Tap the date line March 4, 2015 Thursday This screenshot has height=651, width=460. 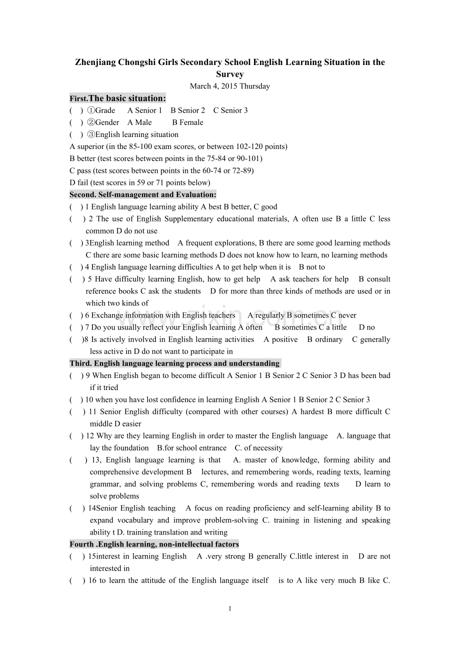point(229,86)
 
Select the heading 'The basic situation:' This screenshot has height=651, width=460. point(127,98)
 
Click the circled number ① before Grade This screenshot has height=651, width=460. point(91,110)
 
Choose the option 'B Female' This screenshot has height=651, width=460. point(187,122)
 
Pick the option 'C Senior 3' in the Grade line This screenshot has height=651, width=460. point(230,110)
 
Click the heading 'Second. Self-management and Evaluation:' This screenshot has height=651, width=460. point(143,194)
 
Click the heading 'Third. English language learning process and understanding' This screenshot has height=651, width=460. point(174,363)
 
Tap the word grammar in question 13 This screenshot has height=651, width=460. point(105,484)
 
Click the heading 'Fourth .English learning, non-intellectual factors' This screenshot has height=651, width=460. point(154,544)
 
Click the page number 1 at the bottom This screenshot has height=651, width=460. point(229,608)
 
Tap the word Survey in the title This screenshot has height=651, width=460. point(229,74)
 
